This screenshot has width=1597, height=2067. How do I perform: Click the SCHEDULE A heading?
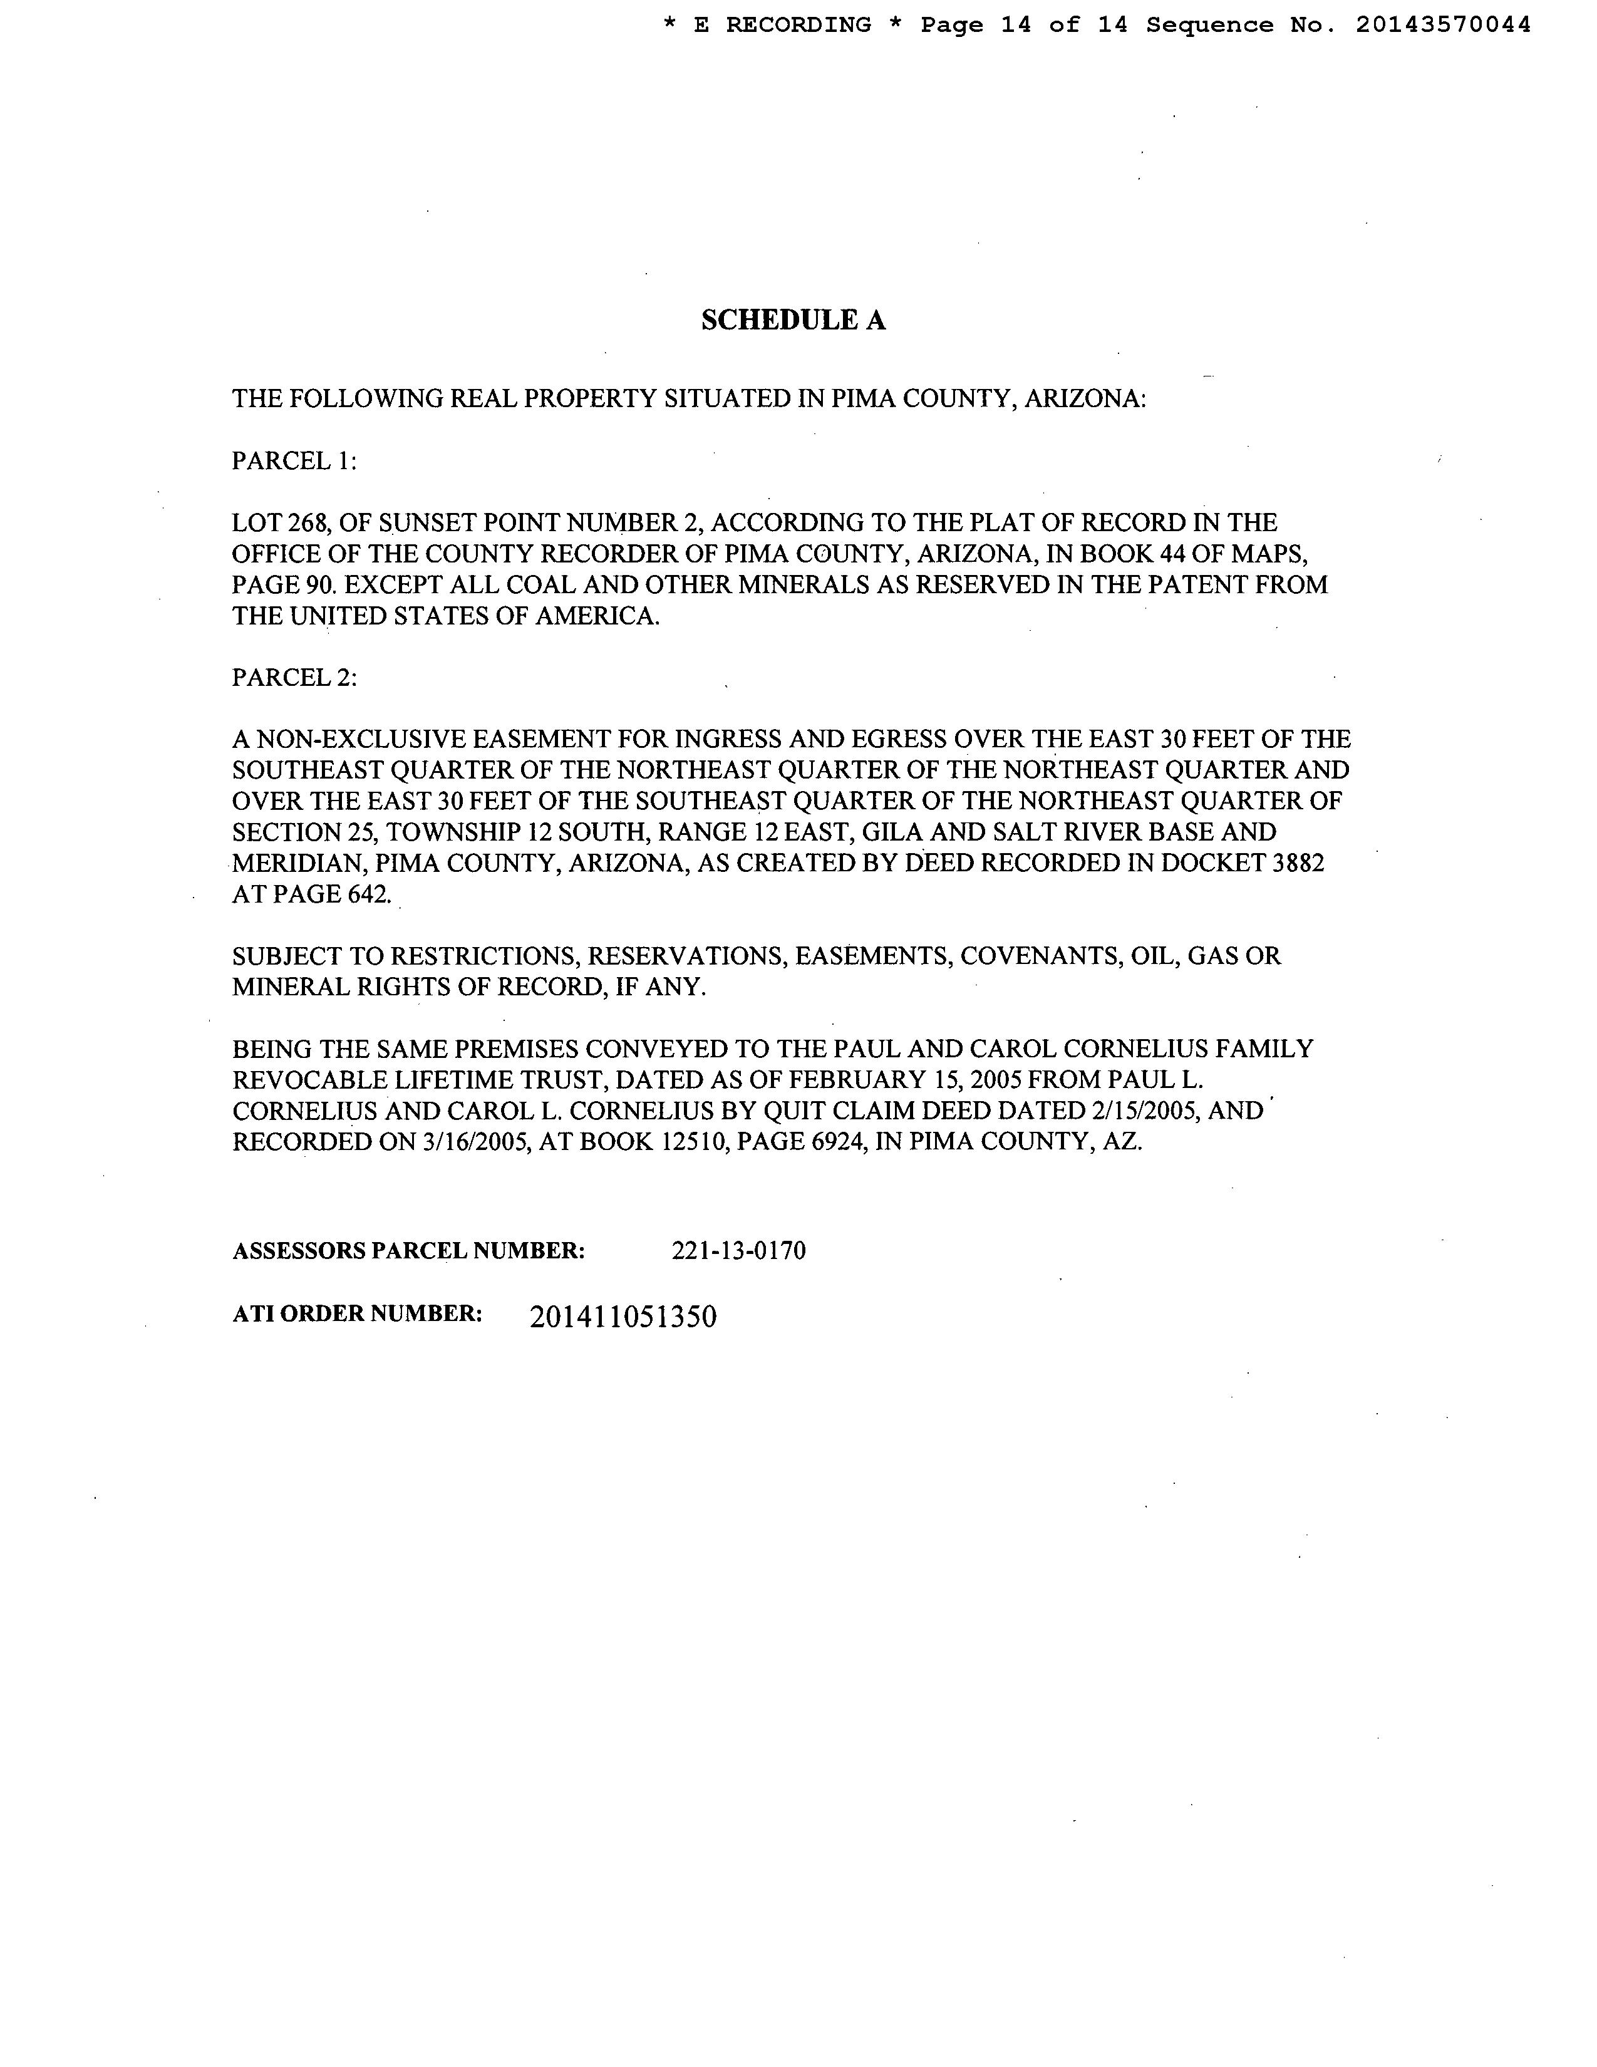tap(793, 321)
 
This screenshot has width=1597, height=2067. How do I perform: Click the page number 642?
tap(369, 894)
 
